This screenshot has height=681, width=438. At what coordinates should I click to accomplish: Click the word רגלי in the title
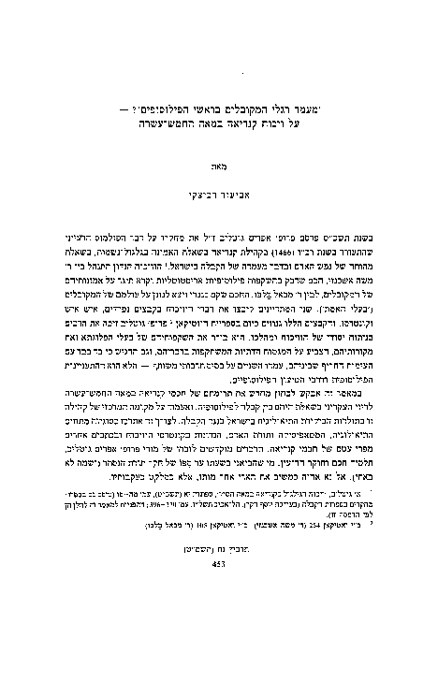click(288, 121)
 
